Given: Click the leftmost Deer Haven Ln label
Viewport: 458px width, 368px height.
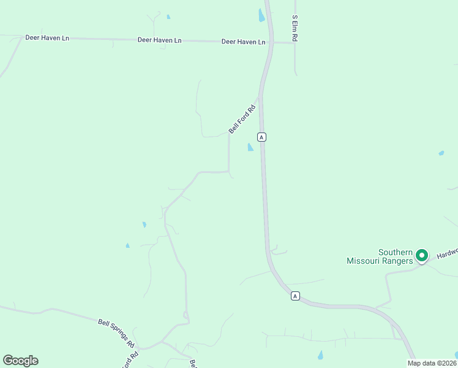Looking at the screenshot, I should point(47,38).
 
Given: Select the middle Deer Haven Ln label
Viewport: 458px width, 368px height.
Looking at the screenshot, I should point(160,40).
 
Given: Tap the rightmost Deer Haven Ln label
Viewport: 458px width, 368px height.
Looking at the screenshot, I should point(244,42).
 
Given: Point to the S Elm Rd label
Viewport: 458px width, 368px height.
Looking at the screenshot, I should point(295,28).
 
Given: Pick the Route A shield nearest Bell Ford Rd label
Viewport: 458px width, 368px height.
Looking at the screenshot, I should point(261,137).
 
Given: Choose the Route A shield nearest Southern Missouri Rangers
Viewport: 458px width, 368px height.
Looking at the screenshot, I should point(295,296).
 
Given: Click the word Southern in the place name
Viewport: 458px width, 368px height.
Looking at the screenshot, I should point(395,252).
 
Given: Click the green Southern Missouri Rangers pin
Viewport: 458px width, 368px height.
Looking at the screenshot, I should point(421,255).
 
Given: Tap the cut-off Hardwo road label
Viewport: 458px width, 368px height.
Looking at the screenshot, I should point(448,253).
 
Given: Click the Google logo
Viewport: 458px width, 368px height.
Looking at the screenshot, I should point(20,361).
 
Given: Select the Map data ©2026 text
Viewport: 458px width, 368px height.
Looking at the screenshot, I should point(431,362).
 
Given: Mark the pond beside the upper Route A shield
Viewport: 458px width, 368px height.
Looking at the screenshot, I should point(250,147).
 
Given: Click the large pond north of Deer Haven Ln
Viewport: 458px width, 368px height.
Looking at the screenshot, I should point(261,15).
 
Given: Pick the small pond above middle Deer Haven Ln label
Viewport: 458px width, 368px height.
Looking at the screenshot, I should point(168,17).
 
